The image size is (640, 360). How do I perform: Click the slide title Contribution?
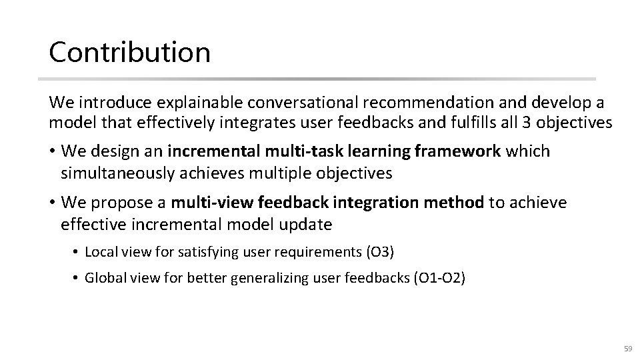tap(129, 52)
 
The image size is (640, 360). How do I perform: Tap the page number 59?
tap(627, 349)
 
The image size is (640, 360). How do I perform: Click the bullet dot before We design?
tap(53, 151)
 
